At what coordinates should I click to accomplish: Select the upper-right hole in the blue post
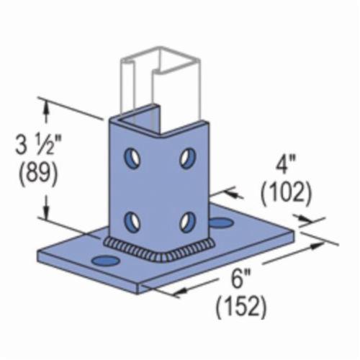tap(187, 156)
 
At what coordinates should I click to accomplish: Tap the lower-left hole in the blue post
tap(132, 217)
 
